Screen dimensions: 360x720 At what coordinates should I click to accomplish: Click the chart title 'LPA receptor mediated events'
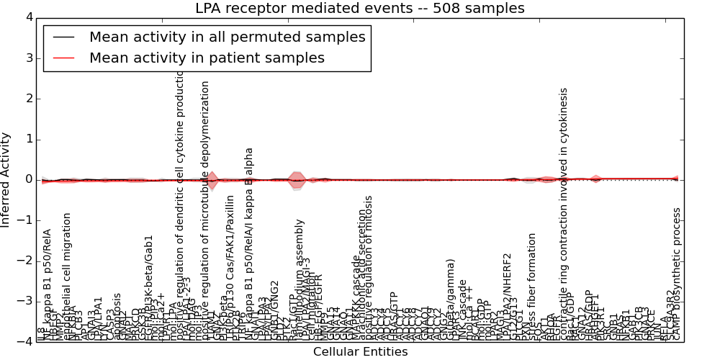(360, 9)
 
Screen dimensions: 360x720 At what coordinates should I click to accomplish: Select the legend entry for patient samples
(207, 58)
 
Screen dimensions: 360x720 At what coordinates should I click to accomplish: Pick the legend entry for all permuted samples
(227, 37)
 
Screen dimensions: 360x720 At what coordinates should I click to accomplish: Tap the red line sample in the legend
(63, 58)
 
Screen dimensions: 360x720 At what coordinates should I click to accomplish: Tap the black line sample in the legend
(63, 37)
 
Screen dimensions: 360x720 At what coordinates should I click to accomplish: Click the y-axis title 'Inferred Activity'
(6, 179)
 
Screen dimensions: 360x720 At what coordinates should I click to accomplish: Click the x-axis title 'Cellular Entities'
(360, 352)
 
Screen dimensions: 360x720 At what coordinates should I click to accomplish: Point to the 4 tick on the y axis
(28, 17)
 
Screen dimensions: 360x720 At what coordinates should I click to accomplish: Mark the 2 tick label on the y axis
(28, 99)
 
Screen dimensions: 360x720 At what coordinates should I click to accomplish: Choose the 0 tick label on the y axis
(28, 180)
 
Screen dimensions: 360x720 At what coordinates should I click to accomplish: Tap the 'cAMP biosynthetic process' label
(677, 274)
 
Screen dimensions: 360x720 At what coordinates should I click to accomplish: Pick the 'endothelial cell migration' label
(68, 274)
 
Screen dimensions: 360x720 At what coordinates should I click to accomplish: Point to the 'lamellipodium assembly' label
(300, 277)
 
